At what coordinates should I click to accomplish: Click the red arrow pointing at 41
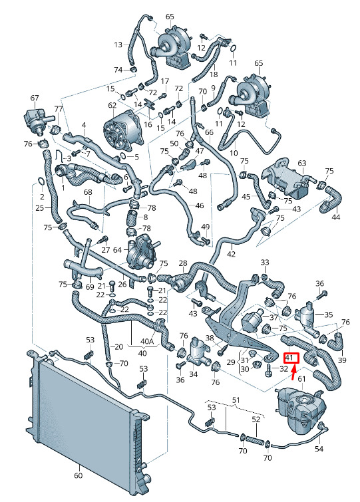[x=294, y=372]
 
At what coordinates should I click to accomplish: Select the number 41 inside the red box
[x=289, y=358]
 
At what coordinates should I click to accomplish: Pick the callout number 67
[x=35, y=98]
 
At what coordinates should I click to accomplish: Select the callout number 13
[x=118, y=44]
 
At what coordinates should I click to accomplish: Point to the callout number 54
[x=319, y=449]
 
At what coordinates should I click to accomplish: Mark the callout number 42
[x=231, y=254]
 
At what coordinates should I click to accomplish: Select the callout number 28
[x=183, y=263]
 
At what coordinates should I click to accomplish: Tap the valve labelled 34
[x=196, y=352]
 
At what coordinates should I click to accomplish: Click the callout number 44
[x=335, y=217]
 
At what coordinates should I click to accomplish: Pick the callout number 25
[x=40, y=208]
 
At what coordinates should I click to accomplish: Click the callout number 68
[x=88, y=192]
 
